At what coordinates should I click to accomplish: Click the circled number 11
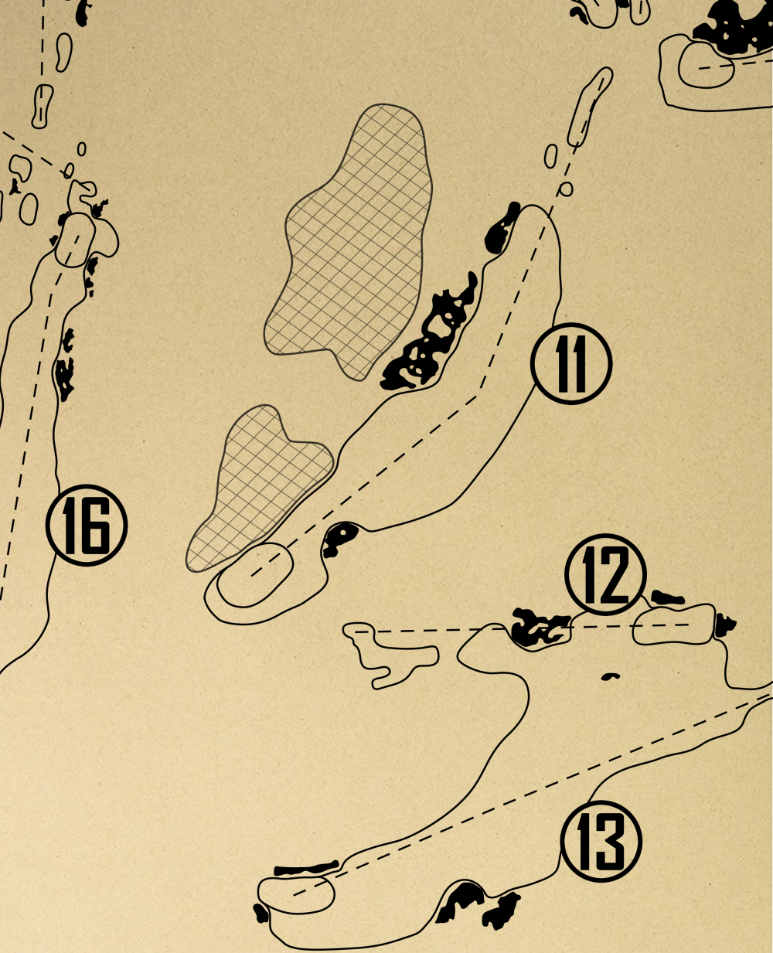click(571, 363)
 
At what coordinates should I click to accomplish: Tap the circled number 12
click(605, 574)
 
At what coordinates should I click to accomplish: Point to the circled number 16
click(87, 526)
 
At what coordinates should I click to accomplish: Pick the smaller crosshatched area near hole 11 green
click(259, 487)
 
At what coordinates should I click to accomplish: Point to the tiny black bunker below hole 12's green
click(611, 677)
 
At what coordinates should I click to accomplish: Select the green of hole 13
click(296, 893)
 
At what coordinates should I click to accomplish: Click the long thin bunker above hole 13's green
click(306, 869)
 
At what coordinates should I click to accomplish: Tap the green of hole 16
click(75, 240)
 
